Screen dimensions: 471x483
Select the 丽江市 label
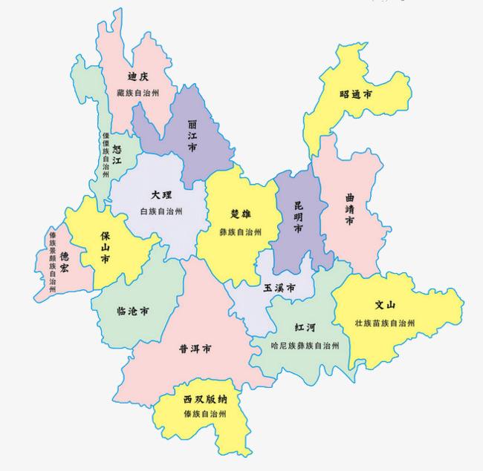point(192,135)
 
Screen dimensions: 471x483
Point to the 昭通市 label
point(355,95)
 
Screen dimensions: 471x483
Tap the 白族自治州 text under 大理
point(161,211)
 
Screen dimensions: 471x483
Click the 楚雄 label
point(241,214)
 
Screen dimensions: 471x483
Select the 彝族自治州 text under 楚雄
point(241,231)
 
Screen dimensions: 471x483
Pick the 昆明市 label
point(298,216)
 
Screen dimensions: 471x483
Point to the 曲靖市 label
point(350,210)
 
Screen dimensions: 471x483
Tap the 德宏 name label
point(65,259)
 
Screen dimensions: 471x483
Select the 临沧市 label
point(133,311)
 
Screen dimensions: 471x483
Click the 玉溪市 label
point(280,288)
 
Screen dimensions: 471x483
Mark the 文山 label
point(384,305)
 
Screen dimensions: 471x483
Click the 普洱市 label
point(195,348)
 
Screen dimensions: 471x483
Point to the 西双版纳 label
point(205,399)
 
